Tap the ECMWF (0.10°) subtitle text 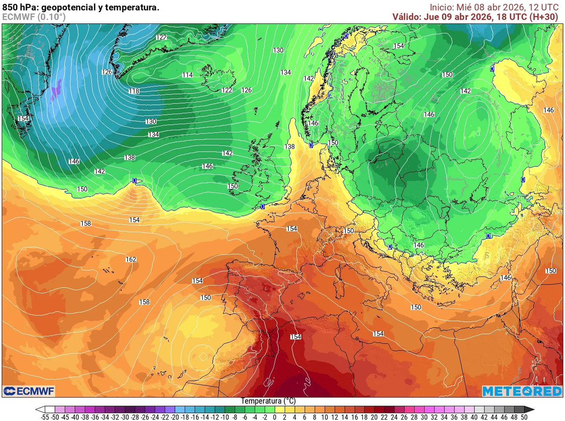point(34,17)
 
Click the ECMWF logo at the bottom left point(29,391)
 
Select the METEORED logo point(522,391)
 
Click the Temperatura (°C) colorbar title point(268,401)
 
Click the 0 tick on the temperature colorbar point(274,417)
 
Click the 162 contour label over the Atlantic point(131,260)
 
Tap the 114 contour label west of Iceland point(188,75)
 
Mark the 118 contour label point(134,91)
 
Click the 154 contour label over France point(292,229)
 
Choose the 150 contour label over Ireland point(233,186)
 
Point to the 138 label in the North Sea point(289,147)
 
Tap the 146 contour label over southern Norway point(313,123)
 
